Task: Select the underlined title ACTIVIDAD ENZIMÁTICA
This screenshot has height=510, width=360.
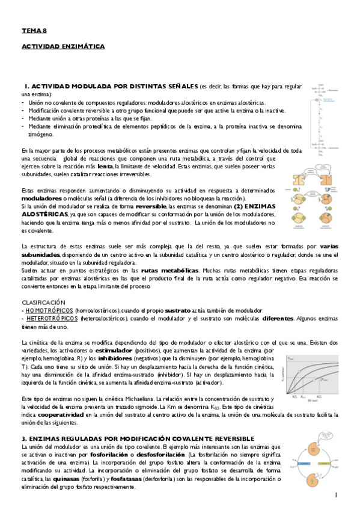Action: point(63,46)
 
